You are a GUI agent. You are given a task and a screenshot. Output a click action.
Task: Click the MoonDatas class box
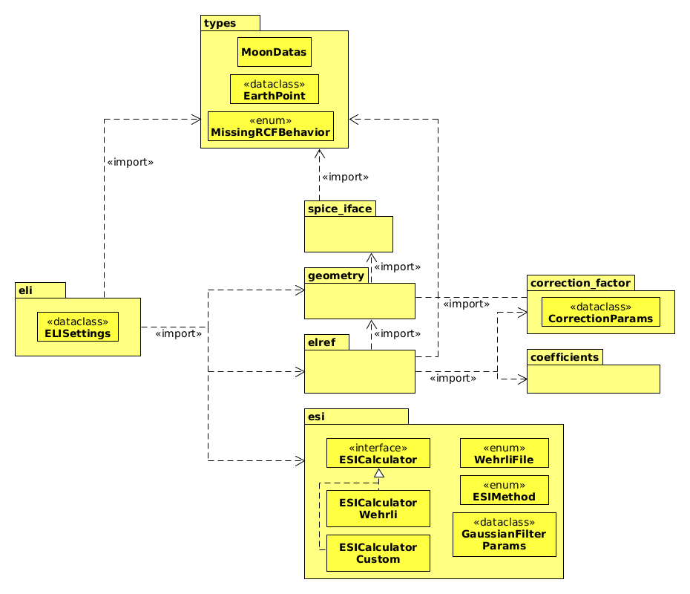coord(275,52)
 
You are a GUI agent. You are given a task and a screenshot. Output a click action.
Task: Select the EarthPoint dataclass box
coord(275,89)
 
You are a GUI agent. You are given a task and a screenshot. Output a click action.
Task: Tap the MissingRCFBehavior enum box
coord(271,126)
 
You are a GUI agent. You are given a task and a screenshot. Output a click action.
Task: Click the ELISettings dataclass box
coord(78,327)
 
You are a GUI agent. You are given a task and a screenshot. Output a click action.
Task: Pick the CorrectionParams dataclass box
coord(601,312)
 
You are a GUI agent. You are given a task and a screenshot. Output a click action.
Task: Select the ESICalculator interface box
coord(378,453)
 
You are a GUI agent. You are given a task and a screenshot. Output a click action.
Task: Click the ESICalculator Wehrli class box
coord(378,508)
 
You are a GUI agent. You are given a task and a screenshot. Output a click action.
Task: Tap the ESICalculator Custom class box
coord(378,552)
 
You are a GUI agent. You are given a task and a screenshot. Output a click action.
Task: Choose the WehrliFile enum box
coord(505,453)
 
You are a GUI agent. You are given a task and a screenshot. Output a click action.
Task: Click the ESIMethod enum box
coord(505,490)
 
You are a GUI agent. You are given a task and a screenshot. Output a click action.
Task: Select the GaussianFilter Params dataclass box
coord(505,534)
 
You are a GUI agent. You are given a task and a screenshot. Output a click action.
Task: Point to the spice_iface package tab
coord(339,209)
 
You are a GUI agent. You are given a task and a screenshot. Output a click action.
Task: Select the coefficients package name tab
coord(564,357)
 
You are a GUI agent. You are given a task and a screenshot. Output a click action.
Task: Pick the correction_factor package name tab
coord(580,283)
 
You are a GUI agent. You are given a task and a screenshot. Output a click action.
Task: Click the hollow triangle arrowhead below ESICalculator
coord(378,474)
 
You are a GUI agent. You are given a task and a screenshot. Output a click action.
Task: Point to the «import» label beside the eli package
coord(179,333)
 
